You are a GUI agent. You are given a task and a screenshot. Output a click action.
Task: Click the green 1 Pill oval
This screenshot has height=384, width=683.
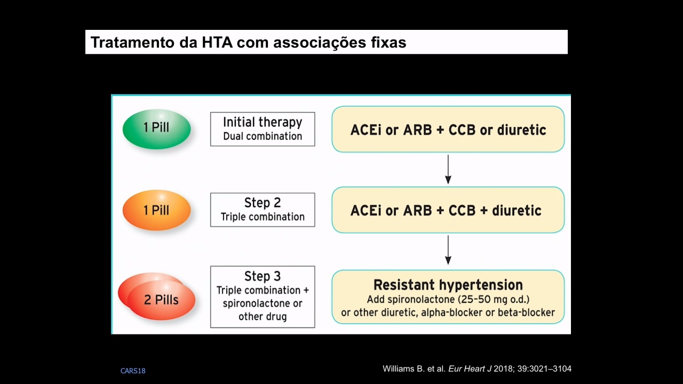tap(157, 129)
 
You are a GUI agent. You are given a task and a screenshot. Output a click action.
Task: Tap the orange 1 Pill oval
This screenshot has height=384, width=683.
tap(157, 210)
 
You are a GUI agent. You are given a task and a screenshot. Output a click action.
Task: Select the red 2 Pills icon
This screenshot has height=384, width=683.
tap(157, 296)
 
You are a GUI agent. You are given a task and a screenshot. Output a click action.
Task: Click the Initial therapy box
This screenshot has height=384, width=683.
tap(263, 129)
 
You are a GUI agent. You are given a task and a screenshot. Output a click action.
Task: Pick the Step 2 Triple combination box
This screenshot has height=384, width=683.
tap(263, 210)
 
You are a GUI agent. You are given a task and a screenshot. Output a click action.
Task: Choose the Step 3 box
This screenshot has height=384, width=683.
tap(263, 297)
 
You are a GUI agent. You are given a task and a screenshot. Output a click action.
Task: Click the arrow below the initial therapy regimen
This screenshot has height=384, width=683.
tap(448, 170)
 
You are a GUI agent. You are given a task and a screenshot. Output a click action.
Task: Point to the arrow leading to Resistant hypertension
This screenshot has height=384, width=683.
tap(448, 250)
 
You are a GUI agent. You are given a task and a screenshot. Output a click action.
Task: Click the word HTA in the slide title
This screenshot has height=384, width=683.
tap(217, 42)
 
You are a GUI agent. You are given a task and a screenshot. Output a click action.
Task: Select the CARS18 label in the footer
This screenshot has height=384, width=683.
tap(133, 371)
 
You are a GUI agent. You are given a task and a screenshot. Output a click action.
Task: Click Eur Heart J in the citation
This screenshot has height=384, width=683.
tap(470, 369)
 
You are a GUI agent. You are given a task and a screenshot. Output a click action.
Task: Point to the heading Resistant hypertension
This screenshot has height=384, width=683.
tap(448, 285)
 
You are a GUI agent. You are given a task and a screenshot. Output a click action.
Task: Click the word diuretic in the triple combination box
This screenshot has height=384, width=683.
tap(517, 211)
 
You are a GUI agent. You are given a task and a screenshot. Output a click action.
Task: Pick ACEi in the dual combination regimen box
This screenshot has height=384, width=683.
tap(366, 130)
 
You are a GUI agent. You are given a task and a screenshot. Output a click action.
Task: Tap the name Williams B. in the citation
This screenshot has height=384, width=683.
tap(404, 369)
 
